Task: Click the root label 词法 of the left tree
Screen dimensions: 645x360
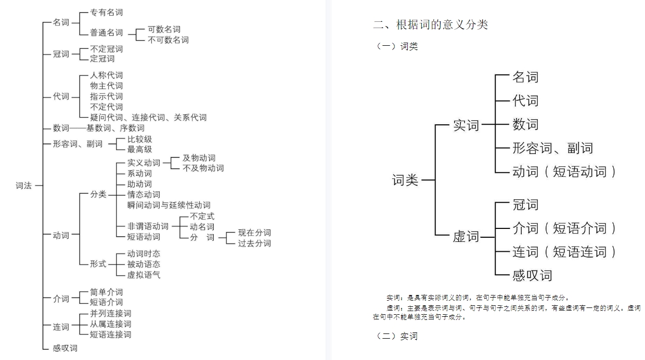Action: click(23, 185)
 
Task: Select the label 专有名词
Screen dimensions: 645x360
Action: click(107, 12)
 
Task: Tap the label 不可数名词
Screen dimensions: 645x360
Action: click(168, 40)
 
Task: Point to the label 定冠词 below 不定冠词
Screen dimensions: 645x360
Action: click(102, 59)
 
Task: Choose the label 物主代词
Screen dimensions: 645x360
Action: click(107, 86)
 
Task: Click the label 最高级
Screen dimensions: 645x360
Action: click(140, 149)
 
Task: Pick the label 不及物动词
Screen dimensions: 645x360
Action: click(203, 168)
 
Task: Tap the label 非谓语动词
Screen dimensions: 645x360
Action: click(148, 226)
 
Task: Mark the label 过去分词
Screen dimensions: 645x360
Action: click(254, 243)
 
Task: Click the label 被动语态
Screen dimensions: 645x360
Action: click(144, 264)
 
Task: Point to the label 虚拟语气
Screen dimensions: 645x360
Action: click(144, 275)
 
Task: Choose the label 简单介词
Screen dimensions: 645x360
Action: click(107, 292)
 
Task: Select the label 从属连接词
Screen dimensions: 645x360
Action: click(111, 324)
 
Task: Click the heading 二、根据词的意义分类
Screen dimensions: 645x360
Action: click(431, 24)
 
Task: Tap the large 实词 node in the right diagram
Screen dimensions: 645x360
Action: click(466, 125)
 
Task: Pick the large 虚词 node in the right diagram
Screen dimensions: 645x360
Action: click(466, 237)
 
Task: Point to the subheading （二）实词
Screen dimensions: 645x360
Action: click(396, 336)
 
